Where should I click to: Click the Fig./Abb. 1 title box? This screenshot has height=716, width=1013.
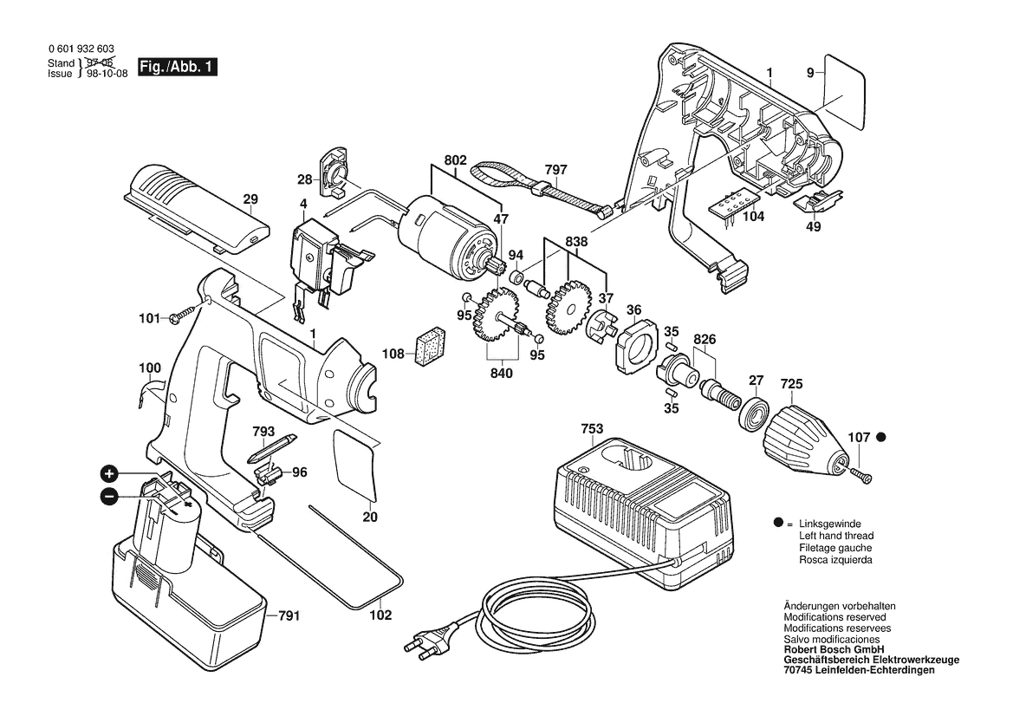pyautogui.click(x=178, y=68)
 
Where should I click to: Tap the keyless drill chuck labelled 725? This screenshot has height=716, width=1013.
pyautogui.click(x=801, y=439)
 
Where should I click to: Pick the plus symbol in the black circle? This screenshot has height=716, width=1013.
pyautogui.click(x=109, y=473)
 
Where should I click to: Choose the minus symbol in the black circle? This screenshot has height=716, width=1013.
pyautogui.click(x=109, y=497)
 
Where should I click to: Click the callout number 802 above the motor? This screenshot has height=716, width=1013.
pyautogui.click(x=456, y=160)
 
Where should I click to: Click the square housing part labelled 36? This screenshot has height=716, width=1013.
pyautogui.click(x=634, y=349)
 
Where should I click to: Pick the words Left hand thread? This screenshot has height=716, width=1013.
pyautogui.click(x=835, y=536)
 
